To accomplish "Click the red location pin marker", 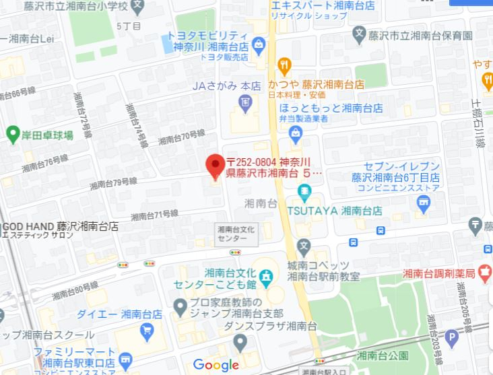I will tap(215, 166).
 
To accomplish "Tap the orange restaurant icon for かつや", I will tap(285, 66).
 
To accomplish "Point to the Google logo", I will tap(216, 365).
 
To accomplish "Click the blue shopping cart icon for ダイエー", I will tap(146, 330).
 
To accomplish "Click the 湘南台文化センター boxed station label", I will tap(237, 234).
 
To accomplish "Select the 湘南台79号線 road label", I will tap(114, 182).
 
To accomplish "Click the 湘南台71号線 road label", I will tap(154, 215).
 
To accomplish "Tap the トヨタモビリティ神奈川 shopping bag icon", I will tap(258, 46).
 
